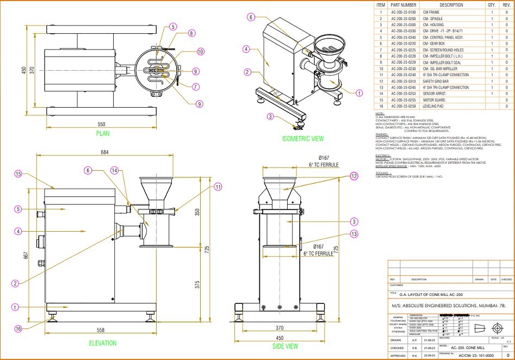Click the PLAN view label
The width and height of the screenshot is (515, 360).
[x=103, y=133]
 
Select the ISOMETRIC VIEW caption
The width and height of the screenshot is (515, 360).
[x=303, y=139]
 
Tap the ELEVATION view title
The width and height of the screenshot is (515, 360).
[x=103, y=343]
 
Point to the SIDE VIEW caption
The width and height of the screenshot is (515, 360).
[x=284, y=346]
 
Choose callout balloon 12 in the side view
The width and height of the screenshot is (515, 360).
[x=354, y=176]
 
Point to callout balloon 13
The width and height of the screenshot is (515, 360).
[x=354, y=234]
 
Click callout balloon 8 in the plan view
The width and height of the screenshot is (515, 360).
[x=191, y=33]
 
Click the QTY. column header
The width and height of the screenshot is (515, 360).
[x=491, y=5]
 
